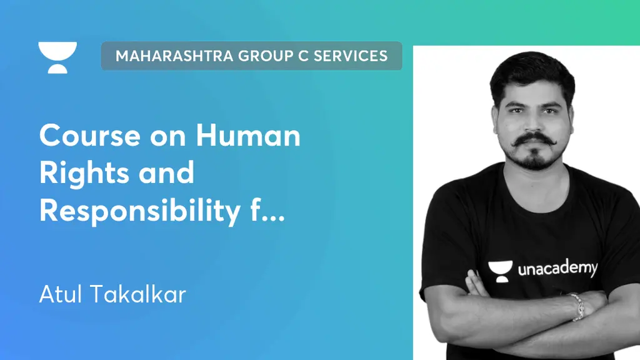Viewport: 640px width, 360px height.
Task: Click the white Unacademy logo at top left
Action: click(57, 57)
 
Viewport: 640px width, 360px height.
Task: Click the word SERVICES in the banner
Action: click(351, 56)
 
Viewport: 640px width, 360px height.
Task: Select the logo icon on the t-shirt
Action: click(500, 269)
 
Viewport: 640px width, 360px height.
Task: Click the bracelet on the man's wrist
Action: click(576, 307)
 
